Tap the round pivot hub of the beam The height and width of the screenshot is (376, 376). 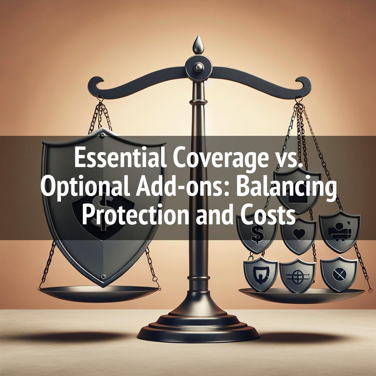point(199,67)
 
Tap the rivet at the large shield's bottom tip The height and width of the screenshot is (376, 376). point(103,276)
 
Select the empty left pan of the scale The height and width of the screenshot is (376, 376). point(98,293)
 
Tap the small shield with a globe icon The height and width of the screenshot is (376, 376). point(297,275)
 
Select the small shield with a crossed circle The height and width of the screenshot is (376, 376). point(339,273)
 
